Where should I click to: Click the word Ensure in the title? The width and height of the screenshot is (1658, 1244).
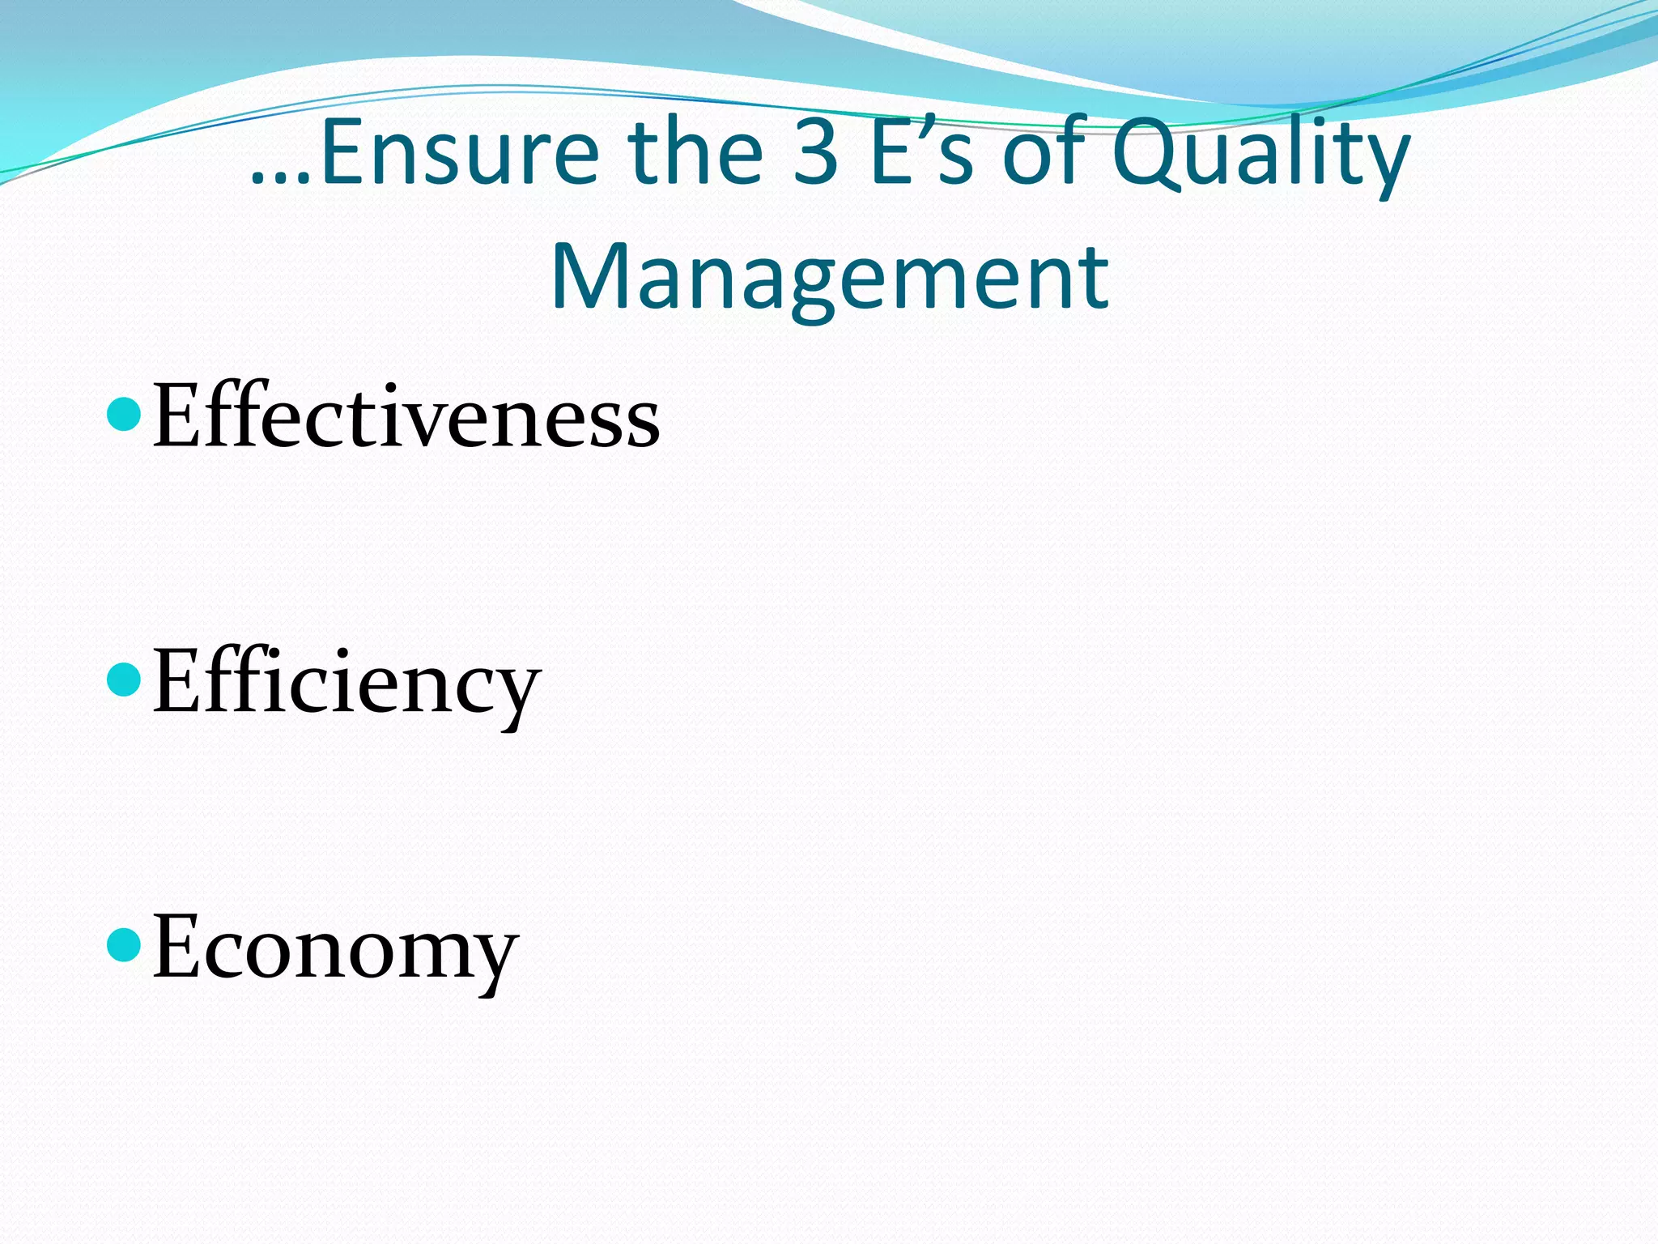click(x=460, y=152)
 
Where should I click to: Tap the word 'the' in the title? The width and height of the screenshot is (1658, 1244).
click(x=695, y=152)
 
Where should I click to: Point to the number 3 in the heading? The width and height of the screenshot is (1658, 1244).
click(x=815, y=152)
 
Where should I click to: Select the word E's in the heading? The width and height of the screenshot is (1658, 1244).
click(x=921, y=152)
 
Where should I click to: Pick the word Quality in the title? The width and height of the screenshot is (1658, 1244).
click(x=1261, y=154)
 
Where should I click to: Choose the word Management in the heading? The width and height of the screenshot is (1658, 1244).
click(x=829, y=277)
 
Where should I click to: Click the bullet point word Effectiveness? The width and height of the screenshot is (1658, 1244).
click(x=406, y=416)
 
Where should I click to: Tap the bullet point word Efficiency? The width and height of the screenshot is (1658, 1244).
click(x=346, y=682)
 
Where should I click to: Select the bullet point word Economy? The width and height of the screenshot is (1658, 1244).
click(x=335, y=948)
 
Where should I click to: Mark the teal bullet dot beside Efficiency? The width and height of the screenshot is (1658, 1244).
click(x=124, y=679)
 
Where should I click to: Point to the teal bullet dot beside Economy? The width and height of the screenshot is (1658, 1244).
click(x=124, y=944)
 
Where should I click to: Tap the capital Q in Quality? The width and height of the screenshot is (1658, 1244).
click(x=1146, y=154)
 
